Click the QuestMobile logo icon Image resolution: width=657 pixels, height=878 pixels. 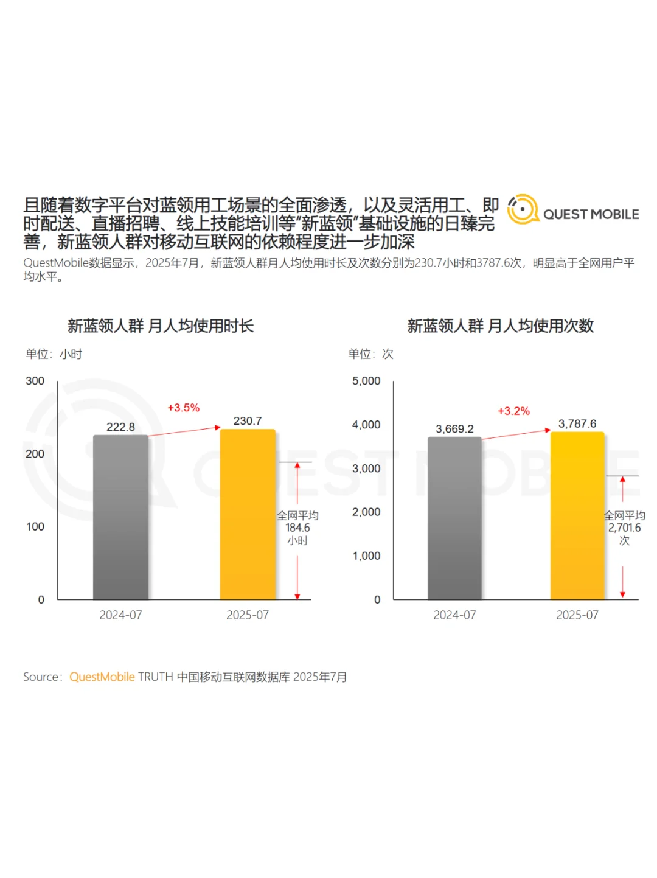point(523,209)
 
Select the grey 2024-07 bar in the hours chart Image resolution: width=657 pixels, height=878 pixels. point(120,517)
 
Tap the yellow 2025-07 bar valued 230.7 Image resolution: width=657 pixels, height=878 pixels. point(248,514)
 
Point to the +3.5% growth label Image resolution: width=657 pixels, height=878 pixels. point(183,408)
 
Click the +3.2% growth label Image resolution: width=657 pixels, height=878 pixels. point(513,411)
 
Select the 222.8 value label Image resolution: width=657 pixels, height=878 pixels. point(120,427)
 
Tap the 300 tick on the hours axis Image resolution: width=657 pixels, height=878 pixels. point(35,381)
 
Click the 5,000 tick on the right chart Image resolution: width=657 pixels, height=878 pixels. point(366,381)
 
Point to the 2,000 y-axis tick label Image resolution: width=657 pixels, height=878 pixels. point(366,512)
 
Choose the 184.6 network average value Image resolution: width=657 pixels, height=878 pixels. point(297,528)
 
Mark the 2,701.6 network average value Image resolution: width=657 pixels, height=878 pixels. point(624,528)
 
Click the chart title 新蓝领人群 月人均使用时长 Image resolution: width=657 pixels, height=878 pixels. point(160,326)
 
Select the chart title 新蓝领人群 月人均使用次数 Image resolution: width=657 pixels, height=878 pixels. point(500,326)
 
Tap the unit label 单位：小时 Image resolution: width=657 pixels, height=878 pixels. point(54,354)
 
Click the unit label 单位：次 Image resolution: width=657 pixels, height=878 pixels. point(370,354)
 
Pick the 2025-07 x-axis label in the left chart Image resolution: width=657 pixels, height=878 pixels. point(248,615)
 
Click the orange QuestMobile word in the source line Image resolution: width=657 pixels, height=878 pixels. point(102,677)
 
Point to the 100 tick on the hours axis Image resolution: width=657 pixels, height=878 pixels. point(35,527)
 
